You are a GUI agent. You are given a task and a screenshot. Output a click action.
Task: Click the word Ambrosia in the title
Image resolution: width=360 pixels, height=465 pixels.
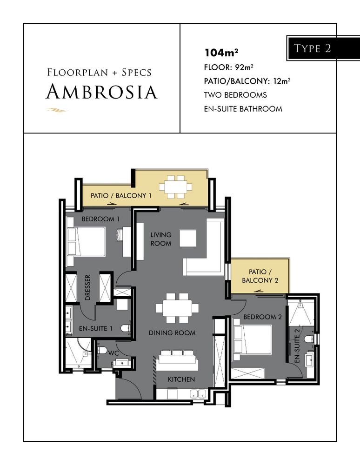102,91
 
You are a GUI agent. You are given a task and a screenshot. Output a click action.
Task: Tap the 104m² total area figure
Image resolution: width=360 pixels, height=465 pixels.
221,53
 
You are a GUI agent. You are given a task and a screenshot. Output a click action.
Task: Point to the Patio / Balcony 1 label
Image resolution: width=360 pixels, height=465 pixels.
121,195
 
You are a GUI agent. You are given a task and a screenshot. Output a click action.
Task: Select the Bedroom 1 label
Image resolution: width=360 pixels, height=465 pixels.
100,219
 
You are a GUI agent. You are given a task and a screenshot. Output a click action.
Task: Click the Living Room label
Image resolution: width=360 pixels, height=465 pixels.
161,239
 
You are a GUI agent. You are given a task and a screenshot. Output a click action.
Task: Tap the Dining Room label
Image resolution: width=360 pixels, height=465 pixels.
172,333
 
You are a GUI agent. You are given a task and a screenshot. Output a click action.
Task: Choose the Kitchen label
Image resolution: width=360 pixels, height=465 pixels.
181,379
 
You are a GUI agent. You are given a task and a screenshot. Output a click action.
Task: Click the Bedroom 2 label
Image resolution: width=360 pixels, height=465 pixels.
262,317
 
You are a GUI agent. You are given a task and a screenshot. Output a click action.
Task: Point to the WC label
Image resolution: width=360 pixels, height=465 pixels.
113,353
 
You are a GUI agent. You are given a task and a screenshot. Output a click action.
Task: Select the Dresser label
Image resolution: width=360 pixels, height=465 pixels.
87,287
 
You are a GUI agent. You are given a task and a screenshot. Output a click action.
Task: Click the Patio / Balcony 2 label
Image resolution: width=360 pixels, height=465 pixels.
260,276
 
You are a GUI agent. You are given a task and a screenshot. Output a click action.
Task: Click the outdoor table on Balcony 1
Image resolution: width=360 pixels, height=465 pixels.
175,187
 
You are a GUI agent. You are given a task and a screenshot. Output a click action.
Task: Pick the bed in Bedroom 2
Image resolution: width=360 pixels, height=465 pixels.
253,339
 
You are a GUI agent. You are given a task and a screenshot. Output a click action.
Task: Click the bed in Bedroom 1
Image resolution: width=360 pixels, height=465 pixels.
86,241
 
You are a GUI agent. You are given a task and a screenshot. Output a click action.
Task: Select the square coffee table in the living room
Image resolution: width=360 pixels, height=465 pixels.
188,238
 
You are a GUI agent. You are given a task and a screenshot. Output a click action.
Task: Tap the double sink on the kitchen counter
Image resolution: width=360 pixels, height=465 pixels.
198,394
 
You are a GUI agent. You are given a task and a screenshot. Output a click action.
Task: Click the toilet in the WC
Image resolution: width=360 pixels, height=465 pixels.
102,351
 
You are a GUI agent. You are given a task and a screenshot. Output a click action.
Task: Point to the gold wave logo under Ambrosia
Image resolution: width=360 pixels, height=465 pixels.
57,110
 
